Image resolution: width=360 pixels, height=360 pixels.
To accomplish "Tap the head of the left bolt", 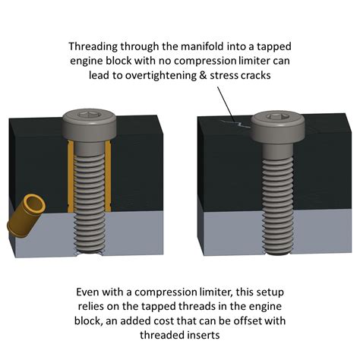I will (89, 123).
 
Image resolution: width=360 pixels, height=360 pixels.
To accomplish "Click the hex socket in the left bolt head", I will (89, 116).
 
